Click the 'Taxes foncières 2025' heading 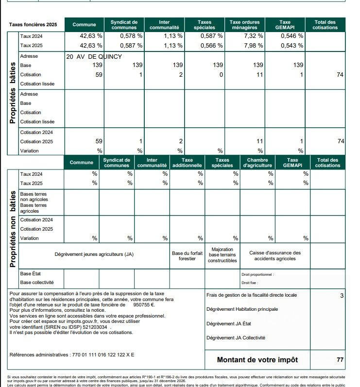[x=33, y=25]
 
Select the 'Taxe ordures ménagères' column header [x=244, y=25]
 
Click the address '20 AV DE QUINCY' [x=94, y=56]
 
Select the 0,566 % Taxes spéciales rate [x=213, y=46]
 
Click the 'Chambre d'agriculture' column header [x=257, y=163]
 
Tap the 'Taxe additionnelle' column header [x=187, y=163]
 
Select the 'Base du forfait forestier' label [x=187, y=256]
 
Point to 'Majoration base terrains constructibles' [x=223, y=255]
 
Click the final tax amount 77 [x=340, y=360]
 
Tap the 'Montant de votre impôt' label [x=257, y=360]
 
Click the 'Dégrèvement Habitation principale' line [x=242, y=309]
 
